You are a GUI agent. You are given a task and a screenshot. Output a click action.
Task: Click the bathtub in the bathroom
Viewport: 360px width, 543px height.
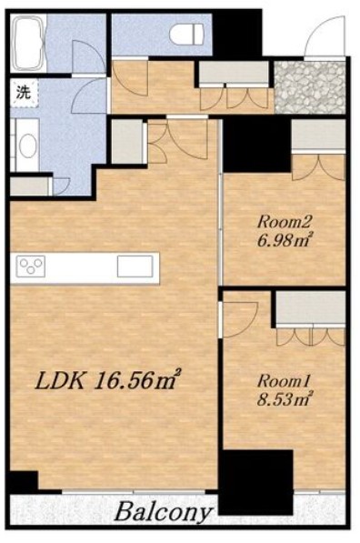(x=28, y=43)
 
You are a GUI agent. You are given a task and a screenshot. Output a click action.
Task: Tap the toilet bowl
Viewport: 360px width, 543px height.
(x=186, y=34)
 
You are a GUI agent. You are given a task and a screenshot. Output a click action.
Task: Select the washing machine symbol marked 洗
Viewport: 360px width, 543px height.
(x=24, y=93)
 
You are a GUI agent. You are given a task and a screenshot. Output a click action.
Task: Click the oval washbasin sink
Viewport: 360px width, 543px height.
(x=27, y=146)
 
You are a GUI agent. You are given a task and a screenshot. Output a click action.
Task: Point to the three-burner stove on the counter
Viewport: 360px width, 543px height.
(x=32, y=266)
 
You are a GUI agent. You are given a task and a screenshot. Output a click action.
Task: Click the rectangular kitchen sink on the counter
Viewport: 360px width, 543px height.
(x=135, y=266)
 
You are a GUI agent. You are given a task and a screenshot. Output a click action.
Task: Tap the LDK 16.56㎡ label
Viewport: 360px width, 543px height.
(x=108, y=381)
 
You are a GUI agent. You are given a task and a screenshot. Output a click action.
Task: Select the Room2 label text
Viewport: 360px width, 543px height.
(x=285, y=221)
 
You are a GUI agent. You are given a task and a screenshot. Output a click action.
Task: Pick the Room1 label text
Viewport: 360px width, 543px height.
(x=284, y=381)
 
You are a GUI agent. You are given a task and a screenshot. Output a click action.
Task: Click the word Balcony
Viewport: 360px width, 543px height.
(x=163, y=512)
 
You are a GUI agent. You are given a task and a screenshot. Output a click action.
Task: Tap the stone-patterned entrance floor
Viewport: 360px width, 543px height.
(x=310, y=87)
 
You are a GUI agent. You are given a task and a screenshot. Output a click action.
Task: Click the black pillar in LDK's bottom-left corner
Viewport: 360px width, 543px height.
(x=24, y=481)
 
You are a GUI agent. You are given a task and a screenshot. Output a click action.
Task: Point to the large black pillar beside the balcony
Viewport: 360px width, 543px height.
(x=256, y=482)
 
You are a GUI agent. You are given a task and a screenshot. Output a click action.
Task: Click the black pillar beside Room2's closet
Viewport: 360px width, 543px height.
(x=256, y=145)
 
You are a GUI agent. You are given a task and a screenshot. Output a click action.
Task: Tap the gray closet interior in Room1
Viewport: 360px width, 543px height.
(x=311, y=307)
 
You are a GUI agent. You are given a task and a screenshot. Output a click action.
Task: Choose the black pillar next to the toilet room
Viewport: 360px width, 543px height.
(x=236, y=33)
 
